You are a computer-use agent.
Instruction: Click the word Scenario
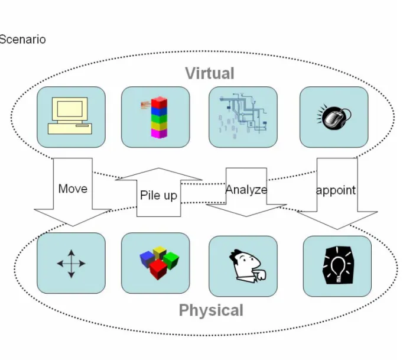click(x=22, y=40)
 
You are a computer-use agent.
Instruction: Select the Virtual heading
click(x=210, y=73)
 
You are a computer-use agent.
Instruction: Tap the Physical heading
click(x=211, y=310)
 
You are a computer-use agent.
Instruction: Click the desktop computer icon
click(x=70, y=115)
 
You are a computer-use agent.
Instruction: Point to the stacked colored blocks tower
click(x=158, y=117)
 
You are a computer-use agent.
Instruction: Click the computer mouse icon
click(x=334, y=117)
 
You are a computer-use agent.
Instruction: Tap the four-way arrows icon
click(x=71, y=264)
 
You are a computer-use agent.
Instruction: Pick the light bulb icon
click(x=338, y=265)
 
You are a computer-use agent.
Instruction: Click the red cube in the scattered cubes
click(x=158, y=269)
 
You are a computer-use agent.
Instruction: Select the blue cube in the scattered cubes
click(x=147, y=259)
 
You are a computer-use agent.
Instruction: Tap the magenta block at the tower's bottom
click(x=158, y=133)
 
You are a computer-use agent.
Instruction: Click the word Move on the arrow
click(x=73, y=189)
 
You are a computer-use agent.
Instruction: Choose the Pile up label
click(x=158, y=196)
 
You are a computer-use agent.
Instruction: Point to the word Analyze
click(x=246, y=190)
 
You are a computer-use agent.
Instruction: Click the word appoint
click(x=336, y=190)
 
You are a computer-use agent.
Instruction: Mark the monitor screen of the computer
click(x=70, y=109)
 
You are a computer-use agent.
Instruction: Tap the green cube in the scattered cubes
click(x=171, y=260)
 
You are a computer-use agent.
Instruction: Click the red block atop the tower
click(x=159, y=102)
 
